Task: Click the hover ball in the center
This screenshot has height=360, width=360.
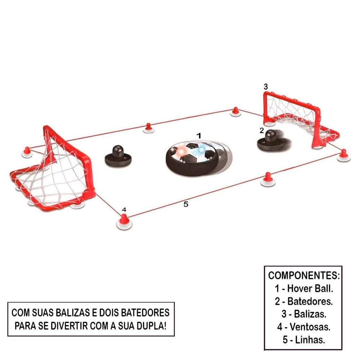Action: [x=191, y=158]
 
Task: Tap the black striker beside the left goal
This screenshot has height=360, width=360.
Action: [x=116, y=156]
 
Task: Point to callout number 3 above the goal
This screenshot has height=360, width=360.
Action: [x=266, y=86]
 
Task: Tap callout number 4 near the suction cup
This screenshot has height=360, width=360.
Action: [x=124, y=209]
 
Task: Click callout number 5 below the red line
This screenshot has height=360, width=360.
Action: [x=186, y=204]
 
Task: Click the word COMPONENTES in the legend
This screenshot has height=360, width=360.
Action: [x=303, y=276]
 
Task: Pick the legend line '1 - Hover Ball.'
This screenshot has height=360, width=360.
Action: [x=303, y=288]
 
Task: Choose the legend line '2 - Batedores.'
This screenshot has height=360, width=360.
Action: [x=303, y=301]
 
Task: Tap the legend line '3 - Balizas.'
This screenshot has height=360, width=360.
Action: [x=303, y=314]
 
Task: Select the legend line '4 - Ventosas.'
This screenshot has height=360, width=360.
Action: [x=303, y=327]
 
